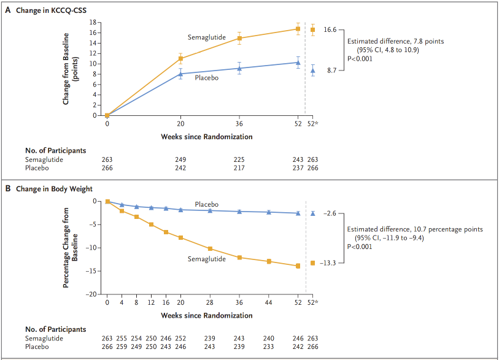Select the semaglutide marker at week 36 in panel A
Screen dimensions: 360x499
tap(239, 38)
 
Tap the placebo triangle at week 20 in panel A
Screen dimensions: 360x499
tap(180, 74)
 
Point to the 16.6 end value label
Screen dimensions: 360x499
tap(330, 29)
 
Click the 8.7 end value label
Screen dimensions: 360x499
tap(331, 71)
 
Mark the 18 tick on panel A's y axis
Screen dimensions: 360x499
tap(93, 22)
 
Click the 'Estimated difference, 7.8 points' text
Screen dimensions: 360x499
tap(395, 42)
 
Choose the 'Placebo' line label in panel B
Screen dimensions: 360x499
tap(206, 204)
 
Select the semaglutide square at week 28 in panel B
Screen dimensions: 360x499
tap(210, 248)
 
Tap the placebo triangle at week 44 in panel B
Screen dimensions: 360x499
tap(269, 212)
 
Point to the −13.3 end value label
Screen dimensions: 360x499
tap(330, 262)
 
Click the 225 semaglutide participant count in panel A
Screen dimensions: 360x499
tap(239, 159)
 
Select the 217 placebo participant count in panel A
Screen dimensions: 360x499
tap(239, 167)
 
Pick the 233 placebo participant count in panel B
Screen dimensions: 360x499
tap(269, 347)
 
